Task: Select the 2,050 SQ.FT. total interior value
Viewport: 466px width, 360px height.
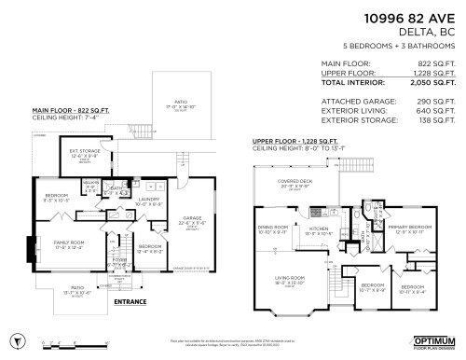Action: (433, 83)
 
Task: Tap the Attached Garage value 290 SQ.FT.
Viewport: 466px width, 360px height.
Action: (434, 101)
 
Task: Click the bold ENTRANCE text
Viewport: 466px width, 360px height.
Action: (129, 302)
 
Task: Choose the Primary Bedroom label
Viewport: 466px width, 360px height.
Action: (411, 227)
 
